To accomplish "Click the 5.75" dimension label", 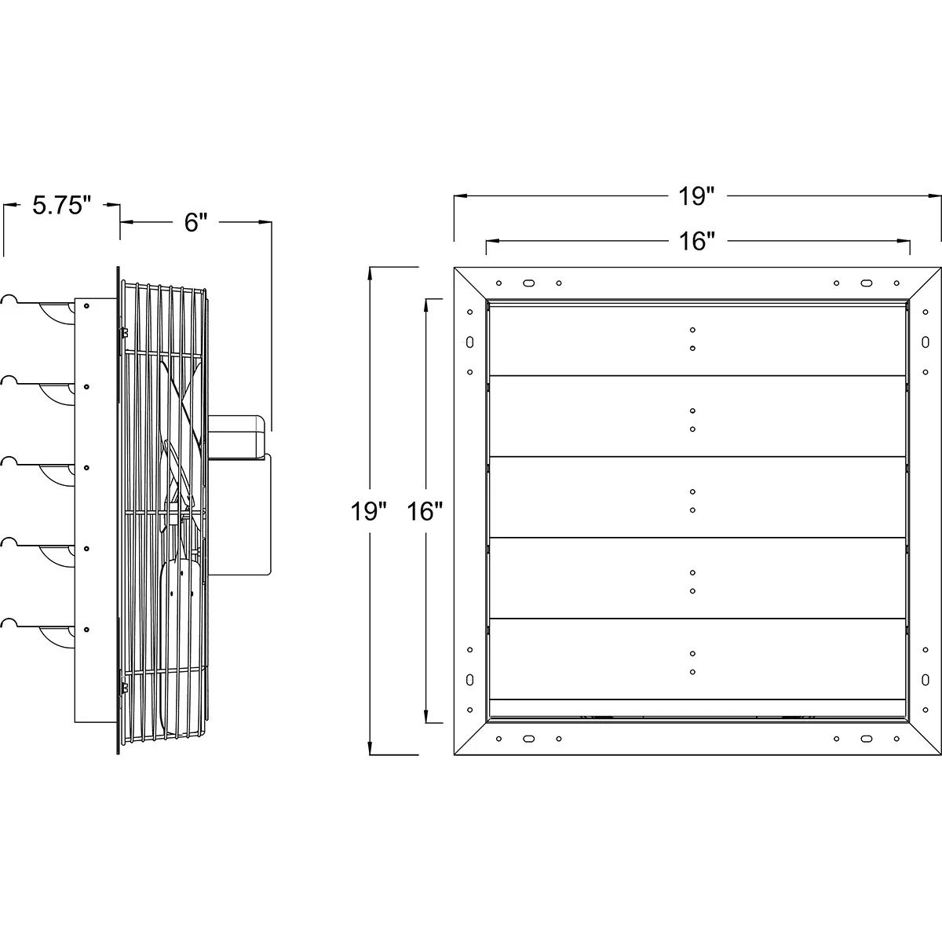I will coord(62,206).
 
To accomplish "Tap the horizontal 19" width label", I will coord(694,196).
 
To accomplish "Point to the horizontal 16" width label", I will coord(694,241).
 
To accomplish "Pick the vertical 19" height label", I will coord(369,512).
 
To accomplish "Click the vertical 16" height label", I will coord(425,512).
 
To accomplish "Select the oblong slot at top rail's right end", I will coord(867,283).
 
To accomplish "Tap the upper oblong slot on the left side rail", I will coord(469,342).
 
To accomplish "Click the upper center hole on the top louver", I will coord(693,330).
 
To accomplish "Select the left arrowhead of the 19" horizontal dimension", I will coord(458,196).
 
